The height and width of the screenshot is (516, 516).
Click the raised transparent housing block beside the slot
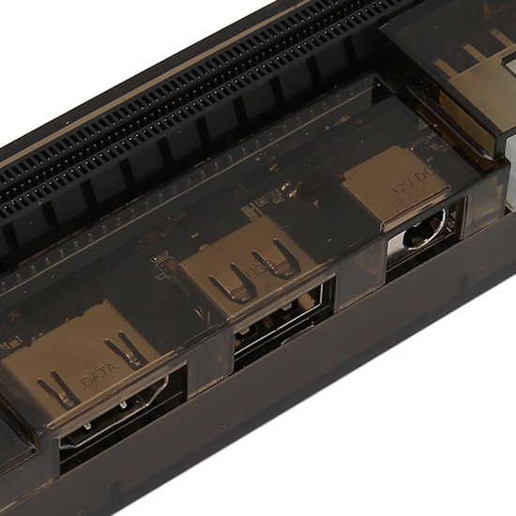click(450, 56)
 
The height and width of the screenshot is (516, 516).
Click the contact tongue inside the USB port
click(281, 324)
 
